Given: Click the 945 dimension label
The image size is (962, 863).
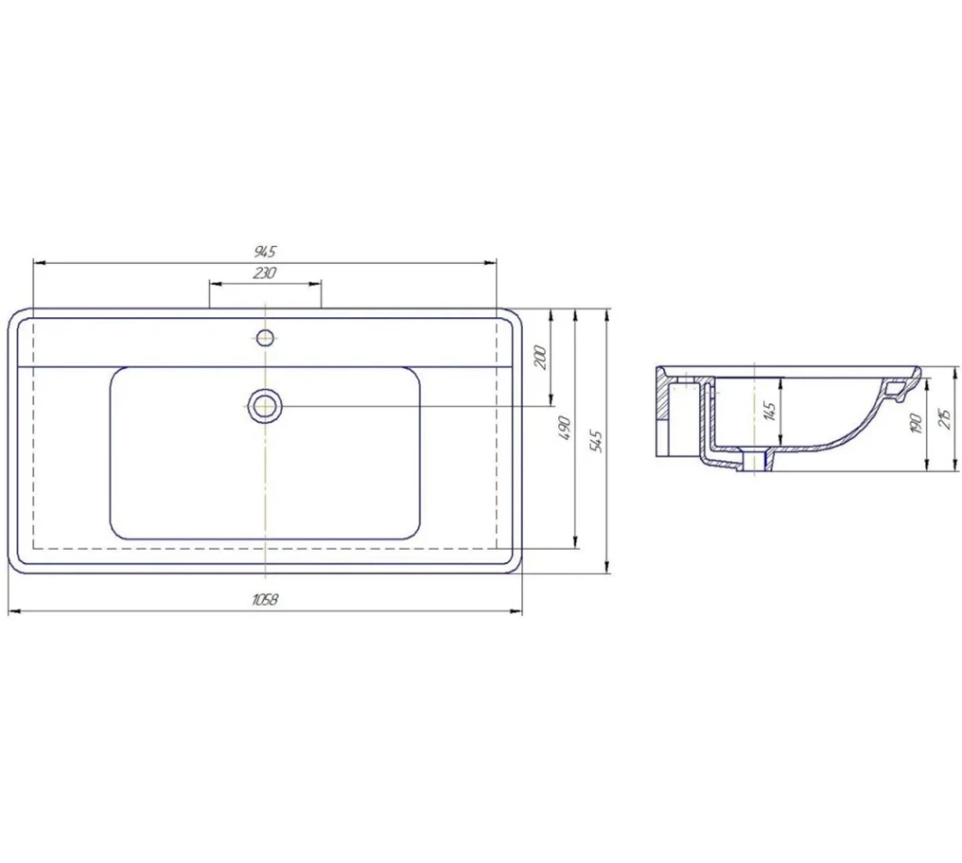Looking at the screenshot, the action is pos(265,251).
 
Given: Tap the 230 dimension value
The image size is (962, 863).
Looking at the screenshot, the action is pos(265,273).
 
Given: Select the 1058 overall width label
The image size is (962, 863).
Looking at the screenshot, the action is pos(265,600).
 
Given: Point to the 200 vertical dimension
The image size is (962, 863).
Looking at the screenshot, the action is pos(540,358).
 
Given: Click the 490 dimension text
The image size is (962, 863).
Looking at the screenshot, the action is pos(565,429).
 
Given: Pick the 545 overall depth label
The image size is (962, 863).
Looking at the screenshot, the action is pos(596,441).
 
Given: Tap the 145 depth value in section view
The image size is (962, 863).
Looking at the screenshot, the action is pos(771,410).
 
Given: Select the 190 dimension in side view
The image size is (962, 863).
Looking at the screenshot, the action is pos(917,424).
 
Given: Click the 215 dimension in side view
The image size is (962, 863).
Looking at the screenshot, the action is pos(945,418).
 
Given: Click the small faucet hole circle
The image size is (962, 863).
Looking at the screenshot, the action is pos(265,336).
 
